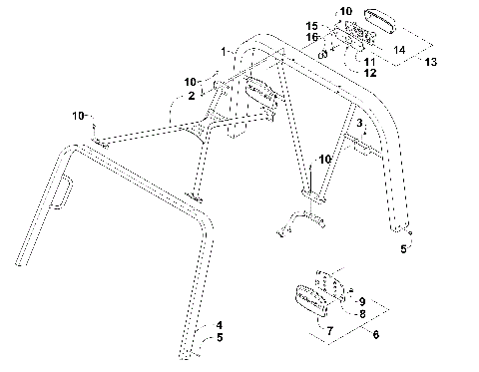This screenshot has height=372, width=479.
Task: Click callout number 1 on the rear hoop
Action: pos(226,51)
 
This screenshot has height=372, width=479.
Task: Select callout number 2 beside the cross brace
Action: pos(190,97)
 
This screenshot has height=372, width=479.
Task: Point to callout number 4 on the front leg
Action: pos(221,325)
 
